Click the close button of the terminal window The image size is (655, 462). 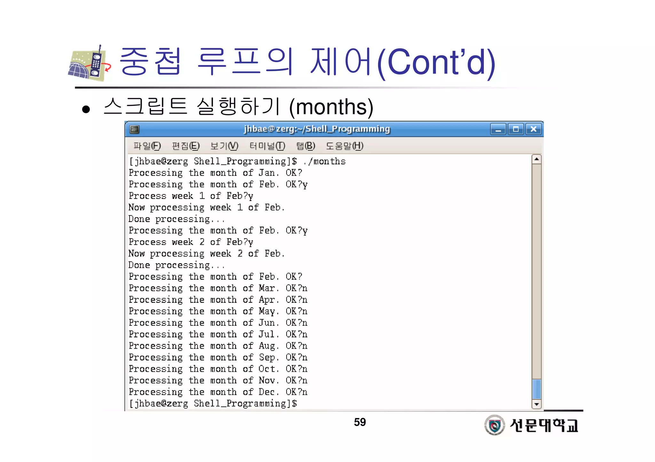click(533, 129)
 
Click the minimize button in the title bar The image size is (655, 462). click(498, 129)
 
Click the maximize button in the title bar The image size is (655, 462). click(516, 129)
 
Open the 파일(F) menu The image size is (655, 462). click(147, 146)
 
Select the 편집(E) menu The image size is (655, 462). click(185, 146)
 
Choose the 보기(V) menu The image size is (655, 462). click(224, 146)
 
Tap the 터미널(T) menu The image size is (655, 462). click(267, 146)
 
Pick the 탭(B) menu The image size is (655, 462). click(305, 146)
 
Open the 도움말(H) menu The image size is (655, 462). click(344, 146)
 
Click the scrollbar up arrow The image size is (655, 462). click(536, 159)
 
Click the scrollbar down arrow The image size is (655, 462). click(536, 404)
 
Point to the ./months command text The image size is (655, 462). click(324, 161)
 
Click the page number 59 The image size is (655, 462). click(360, 422)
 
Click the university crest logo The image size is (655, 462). click(494, 425)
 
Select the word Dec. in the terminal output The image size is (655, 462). click(268, 392)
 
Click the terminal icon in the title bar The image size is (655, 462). click(134, 129)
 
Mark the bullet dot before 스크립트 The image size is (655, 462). click(86, 110)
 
